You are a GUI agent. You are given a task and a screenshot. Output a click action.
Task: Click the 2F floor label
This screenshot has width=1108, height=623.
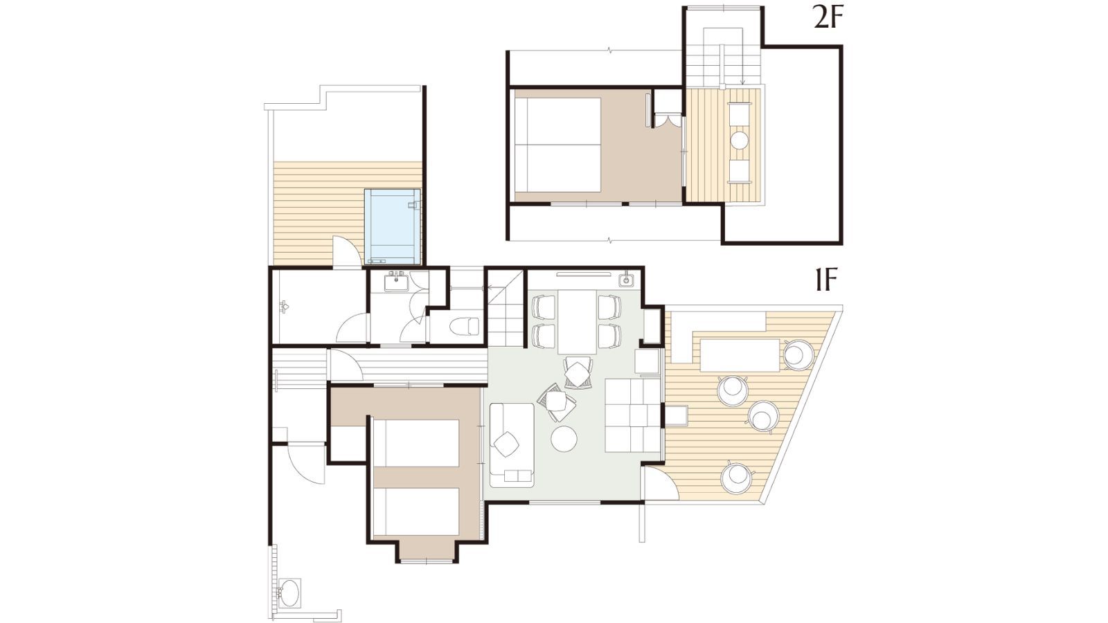827,19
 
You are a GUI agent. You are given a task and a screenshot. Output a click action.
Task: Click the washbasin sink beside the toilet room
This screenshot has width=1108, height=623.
396,282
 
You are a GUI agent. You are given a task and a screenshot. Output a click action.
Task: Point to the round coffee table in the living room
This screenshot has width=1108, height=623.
564,439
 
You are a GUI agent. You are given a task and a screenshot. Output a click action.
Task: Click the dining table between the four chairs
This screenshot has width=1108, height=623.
578,321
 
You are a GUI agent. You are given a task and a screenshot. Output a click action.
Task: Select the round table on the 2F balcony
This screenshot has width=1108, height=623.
740,141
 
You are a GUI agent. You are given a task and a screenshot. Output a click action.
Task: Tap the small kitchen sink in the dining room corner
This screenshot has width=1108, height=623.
627,280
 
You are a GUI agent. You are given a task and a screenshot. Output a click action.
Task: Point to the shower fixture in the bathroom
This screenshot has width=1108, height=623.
284,307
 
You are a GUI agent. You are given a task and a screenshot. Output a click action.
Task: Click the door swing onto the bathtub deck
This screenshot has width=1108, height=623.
346,251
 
